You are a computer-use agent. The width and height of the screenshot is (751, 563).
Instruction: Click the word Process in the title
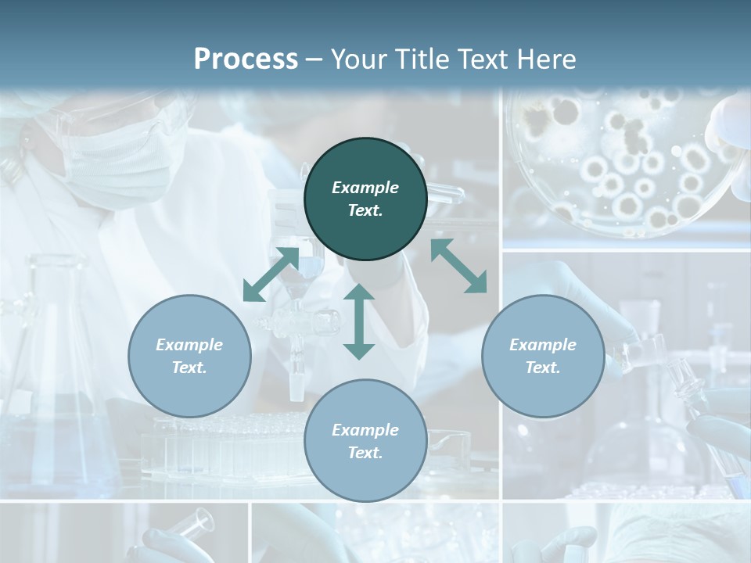coord(246,59)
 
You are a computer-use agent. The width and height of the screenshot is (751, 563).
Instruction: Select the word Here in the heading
coord(545,59)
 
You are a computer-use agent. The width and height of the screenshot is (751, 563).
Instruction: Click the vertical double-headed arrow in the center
coord(359,321)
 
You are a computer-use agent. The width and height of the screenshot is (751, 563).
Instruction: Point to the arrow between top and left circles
coord(271,274)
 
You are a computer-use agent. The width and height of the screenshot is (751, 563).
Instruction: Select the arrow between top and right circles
coord(458,266)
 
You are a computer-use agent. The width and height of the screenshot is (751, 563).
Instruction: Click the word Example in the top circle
coord(365,188)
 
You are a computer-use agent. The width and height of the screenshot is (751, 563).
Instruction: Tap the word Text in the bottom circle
coord(365,453)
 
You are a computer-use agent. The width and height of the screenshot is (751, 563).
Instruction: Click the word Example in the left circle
coord(189,345)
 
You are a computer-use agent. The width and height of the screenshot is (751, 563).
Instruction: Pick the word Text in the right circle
coord(542,368)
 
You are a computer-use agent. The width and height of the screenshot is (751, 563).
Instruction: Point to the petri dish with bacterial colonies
coord(626,164)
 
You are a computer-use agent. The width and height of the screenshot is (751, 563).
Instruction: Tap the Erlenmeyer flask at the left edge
coord(55,368)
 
